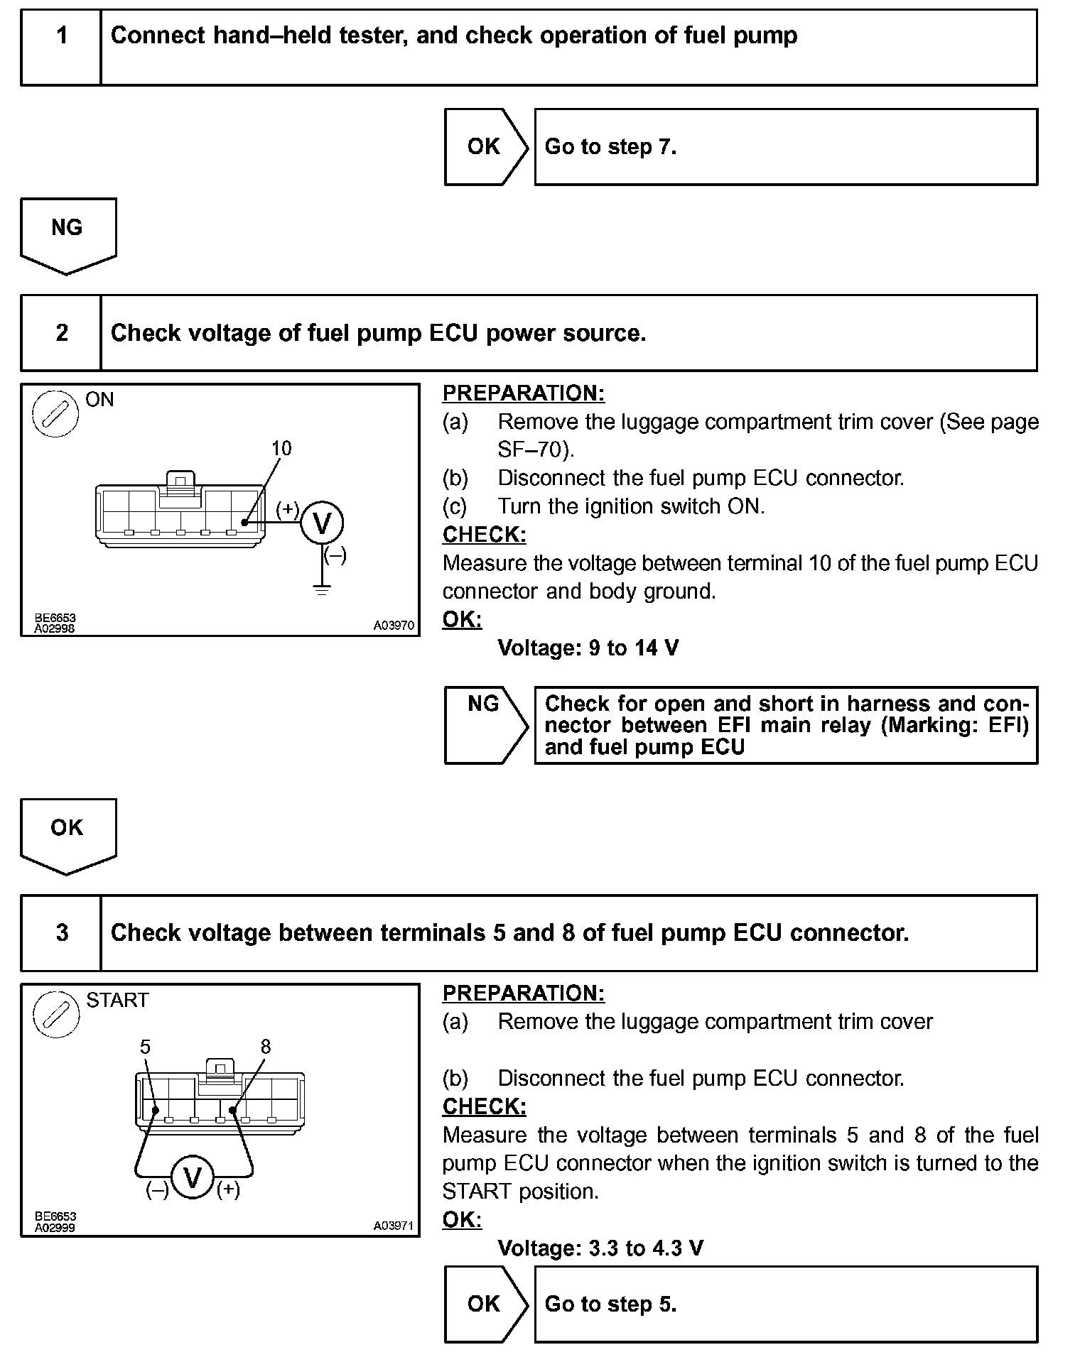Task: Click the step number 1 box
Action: (62, 48)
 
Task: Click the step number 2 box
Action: (62, 333)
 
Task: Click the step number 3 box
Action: (62, 933)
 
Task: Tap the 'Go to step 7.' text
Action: (610, 147)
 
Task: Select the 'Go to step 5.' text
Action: (610, 1304)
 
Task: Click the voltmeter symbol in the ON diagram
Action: (322, 524)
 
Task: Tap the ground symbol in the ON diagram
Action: (323, 589)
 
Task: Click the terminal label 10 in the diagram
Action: (281, 448)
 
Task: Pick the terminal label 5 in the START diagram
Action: (145, 1047)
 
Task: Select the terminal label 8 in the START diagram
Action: (266, 1047)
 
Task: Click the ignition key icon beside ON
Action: (55, 413)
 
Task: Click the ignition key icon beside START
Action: (56, 1013)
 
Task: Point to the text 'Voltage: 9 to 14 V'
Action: (588, 648)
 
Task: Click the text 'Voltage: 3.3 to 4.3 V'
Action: (600, 1248)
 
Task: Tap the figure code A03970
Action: (394, 626)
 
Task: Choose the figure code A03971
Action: (394, 1226)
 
